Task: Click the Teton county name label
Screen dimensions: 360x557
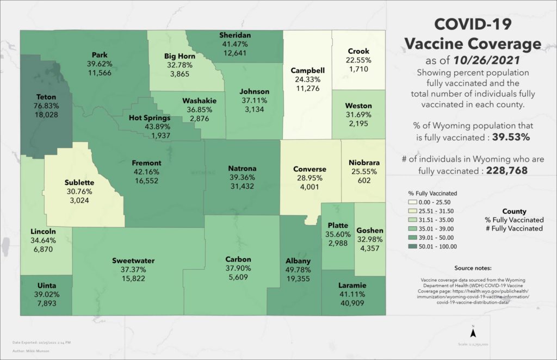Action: coord(46,97)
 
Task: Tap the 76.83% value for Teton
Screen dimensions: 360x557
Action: coord(46,105)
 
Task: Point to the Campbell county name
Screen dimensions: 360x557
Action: coord(308,71)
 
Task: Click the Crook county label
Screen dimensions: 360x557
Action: coord(358,52)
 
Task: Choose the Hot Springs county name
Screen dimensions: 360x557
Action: coord(150,117)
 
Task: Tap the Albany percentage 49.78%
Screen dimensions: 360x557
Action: coord(298,270)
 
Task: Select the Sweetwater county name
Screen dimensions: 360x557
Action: coord(133,260)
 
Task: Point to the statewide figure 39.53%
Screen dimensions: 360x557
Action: coord(511,137)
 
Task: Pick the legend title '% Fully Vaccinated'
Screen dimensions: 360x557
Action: coord(432,193)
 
